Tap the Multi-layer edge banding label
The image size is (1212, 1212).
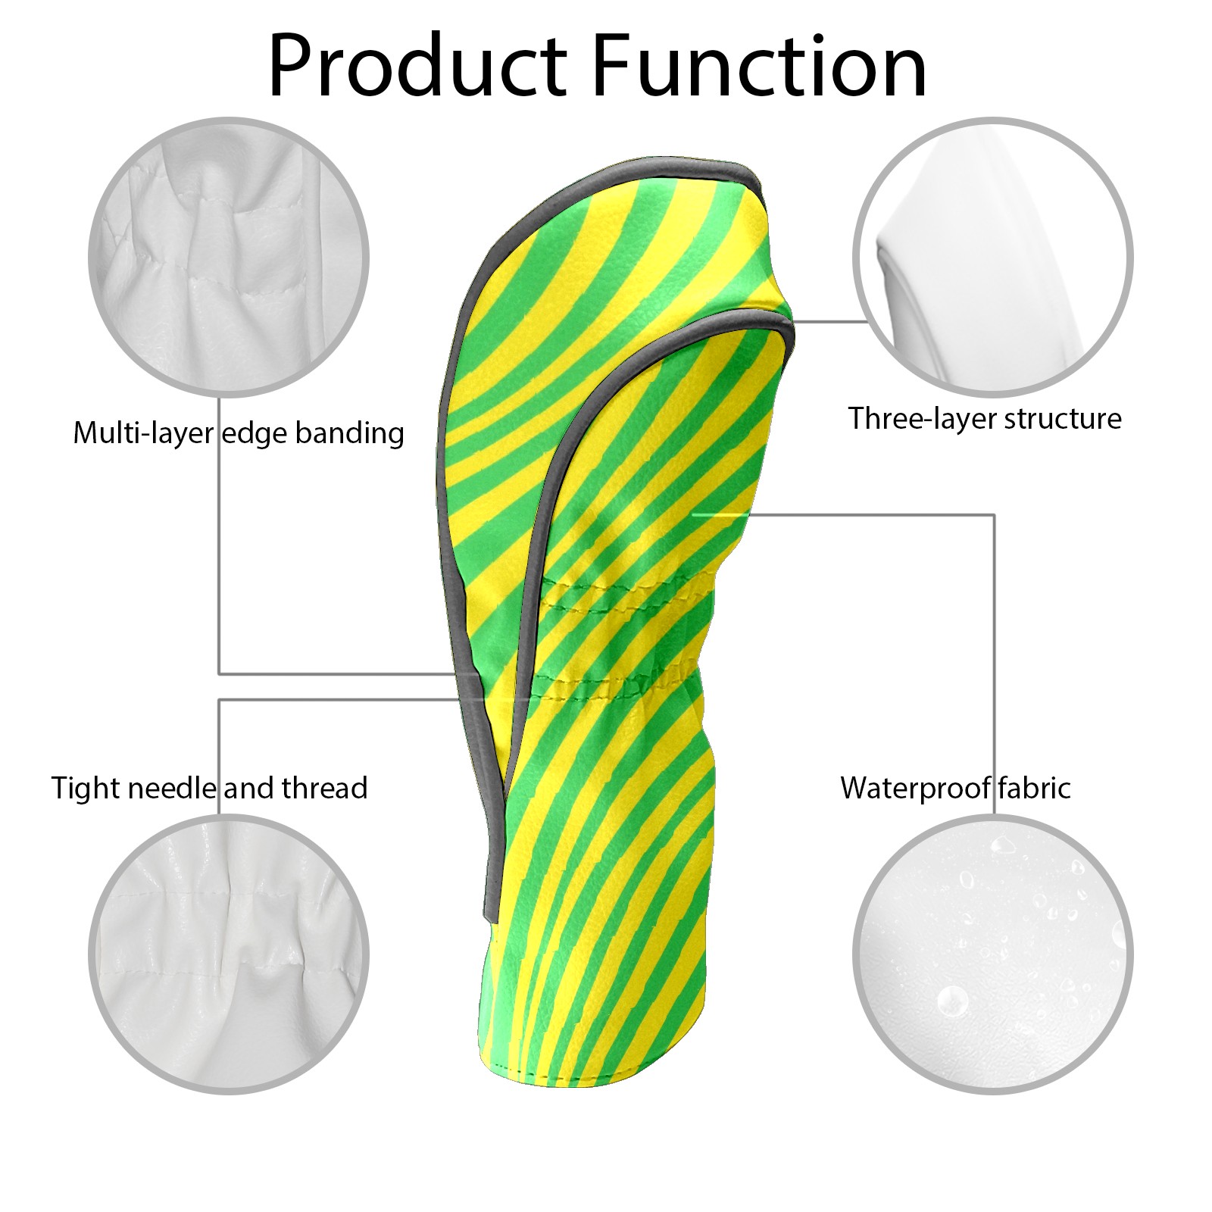coord(239,434)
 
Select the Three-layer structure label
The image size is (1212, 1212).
coord(985,419)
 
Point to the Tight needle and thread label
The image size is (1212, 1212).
coord(210,789)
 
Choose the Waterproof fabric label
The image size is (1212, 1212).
coord(956,789)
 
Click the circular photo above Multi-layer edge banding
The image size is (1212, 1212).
coord(229,257)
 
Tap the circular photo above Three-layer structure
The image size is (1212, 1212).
coord(993,257)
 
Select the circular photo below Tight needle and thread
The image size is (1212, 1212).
coord(229,954)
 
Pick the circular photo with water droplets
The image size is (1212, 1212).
coord(993,954)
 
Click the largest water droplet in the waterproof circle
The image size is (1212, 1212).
coord(952,1001)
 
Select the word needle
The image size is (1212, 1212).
coord(172,788)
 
